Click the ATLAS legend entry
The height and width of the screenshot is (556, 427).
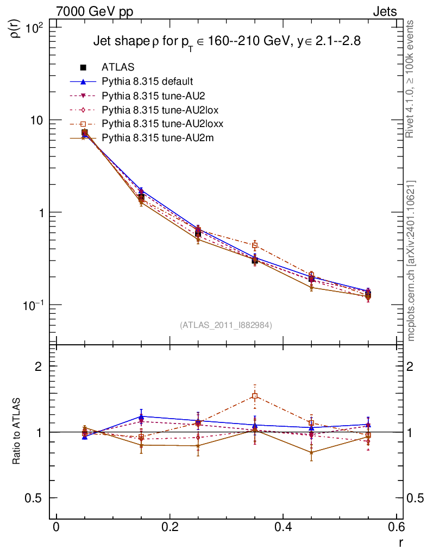(x=118, y=67)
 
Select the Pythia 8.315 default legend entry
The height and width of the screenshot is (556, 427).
(x=147, y=81)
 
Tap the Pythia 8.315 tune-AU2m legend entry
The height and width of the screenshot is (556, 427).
(x=158, y=138)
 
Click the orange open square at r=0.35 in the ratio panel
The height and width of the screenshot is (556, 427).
(x=255, y=396)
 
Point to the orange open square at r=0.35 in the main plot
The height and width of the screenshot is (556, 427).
(x=255, y=245)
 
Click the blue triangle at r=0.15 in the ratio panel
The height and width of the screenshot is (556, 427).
(x=141, y=416)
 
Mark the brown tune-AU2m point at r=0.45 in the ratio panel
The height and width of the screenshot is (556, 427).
(x=311, y=452)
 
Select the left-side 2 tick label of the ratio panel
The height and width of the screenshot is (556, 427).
(x=39, y=366)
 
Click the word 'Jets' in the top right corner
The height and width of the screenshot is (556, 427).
(x=384, y=11)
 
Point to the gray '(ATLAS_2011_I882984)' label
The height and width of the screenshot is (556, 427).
(x=226, y=325)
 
